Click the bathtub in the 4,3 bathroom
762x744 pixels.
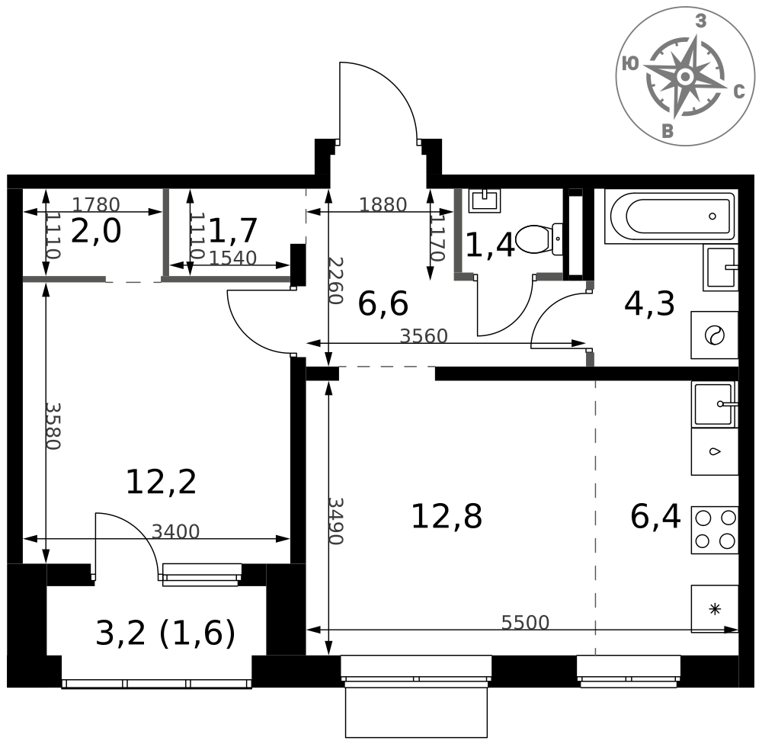click(671, 216)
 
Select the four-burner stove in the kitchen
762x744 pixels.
click(715, 530)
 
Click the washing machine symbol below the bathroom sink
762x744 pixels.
click(715, 335)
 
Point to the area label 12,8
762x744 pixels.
click(447, 518)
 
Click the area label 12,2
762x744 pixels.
click(161, 482)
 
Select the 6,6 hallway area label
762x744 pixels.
click(383, 305)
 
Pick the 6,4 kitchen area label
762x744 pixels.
click(655, 518)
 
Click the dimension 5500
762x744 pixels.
click(525, 623)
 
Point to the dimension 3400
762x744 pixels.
click(175, 531)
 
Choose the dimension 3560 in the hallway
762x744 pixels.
click(424, 336)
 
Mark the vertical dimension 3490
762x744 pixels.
click(335, 521)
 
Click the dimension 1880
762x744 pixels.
click(383, 204)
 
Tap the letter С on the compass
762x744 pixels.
click(738, 92)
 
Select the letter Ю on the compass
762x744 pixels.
click(630, 65)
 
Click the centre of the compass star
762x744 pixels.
click(684, 76)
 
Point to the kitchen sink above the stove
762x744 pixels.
click(715, 404)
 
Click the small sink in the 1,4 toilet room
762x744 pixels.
click(485, 200)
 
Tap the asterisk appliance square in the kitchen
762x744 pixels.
click(715, 608)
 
